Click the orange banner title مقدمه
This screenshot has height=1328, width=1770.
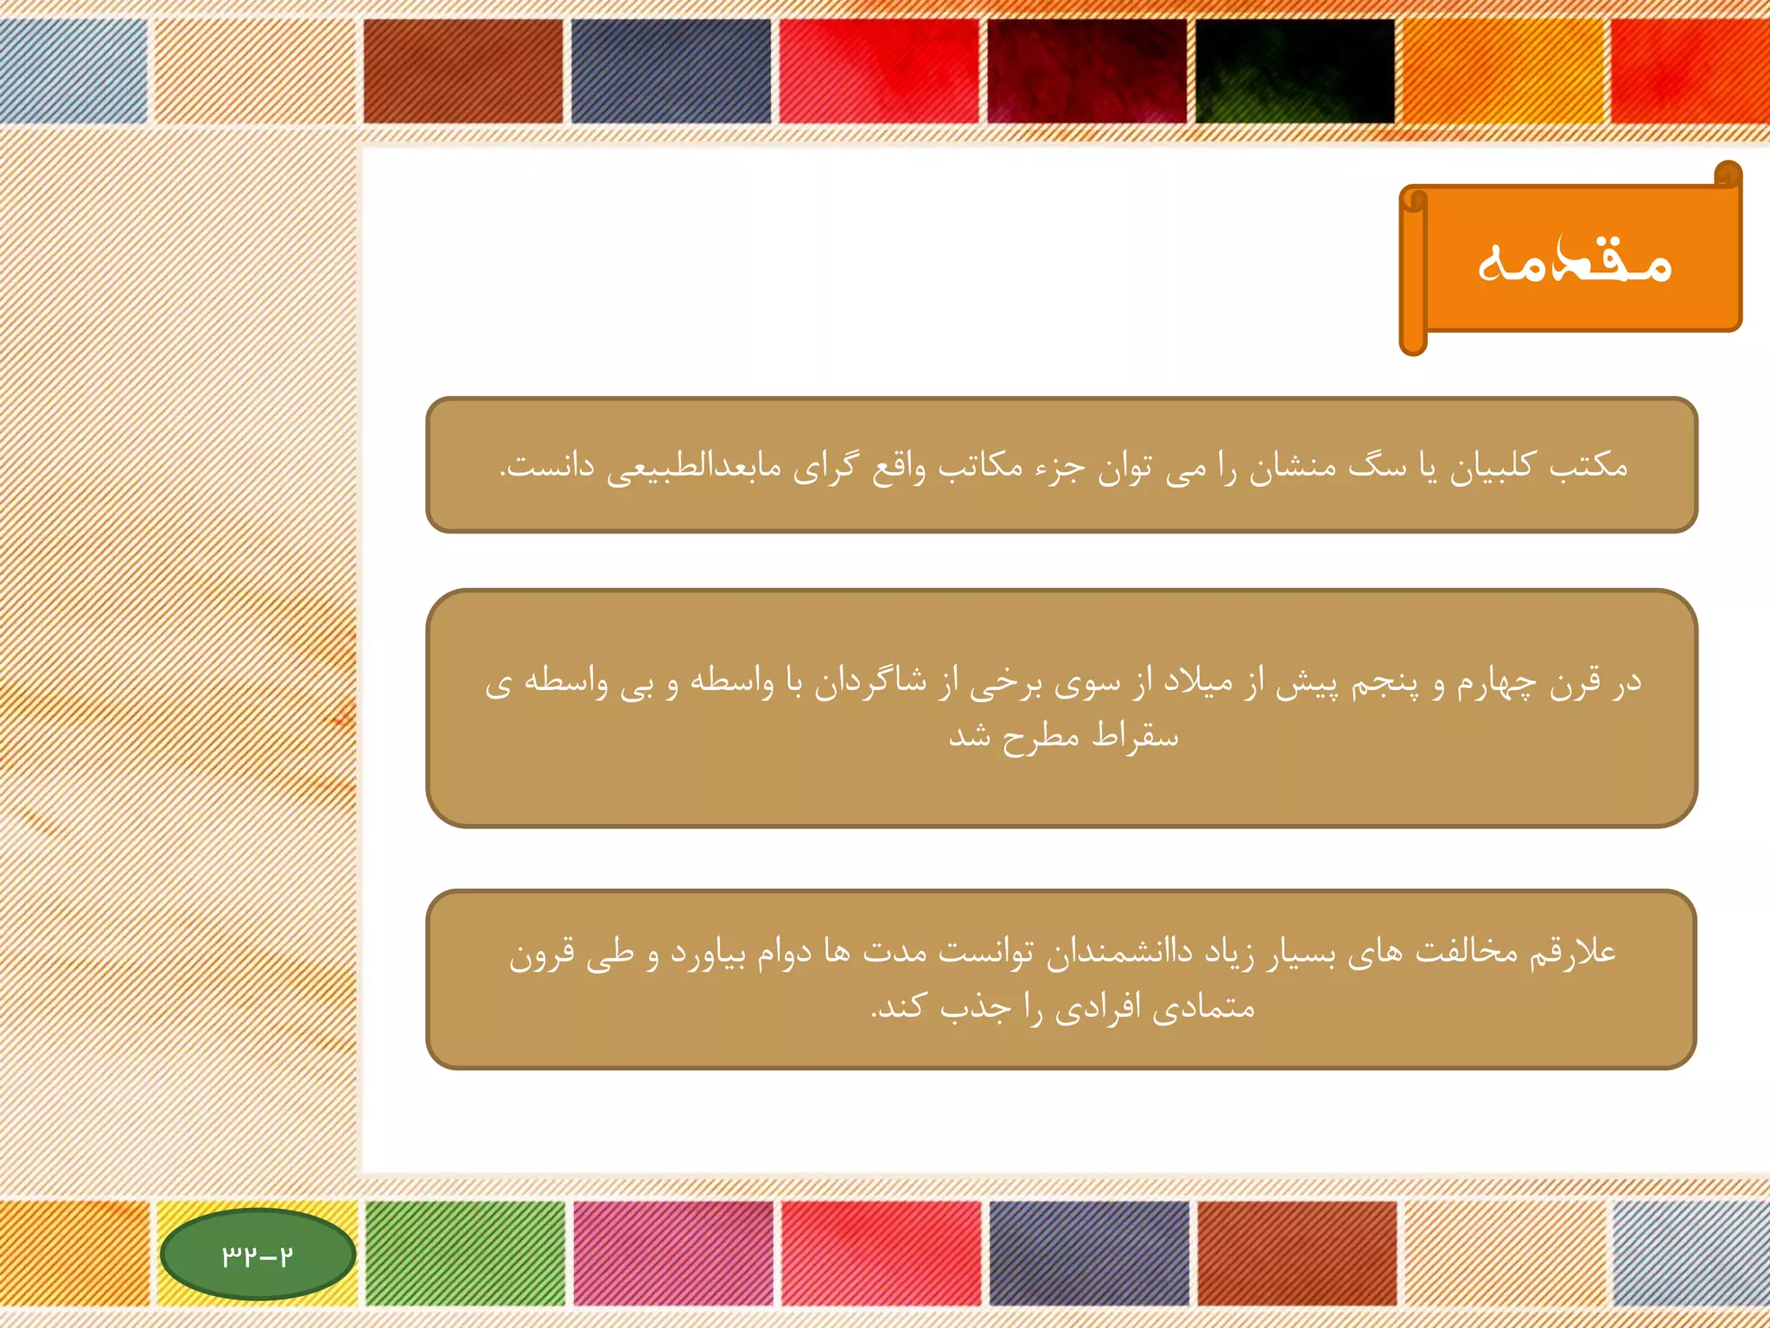(1575, 259)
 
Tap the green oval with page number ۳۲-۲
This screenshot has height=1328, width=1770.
(258, 1254)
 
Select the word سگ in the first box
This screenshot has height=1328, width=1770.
(1378, 467)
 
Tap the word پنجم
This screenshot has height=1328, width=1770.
(1388, 683)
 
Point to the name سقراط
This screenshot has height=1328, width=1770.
(1135, 737)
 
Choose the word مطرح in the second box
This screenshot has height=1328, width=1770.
(1041, 737)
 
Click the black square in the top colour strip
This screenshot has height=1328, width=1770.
(1295, 71)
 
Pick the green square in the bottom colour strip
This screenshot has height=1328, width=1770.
(465, 1252)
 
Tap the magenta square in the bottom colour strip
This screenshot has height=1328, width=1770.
(673, 1252)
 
